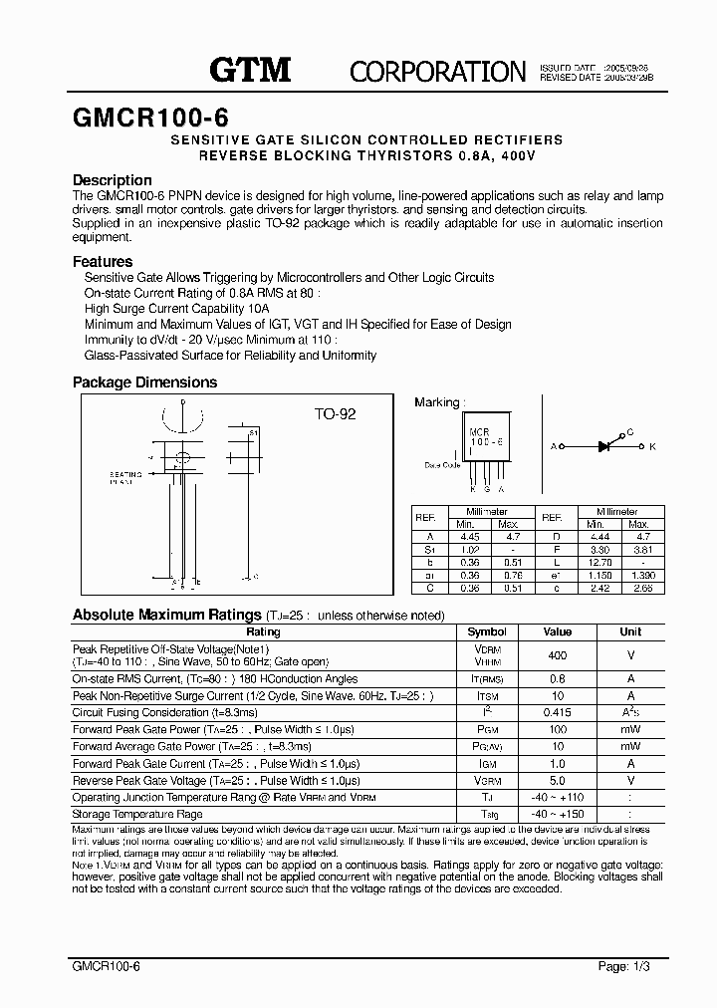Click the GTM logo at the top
pyautogui.click(x=250, y=69)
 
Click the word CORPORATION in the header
pyautogui.click(x=437, y=71)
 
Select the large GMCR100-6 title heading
pyautogui.click(x=149, y=117)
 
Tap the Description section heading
pyautogui.click(x=113, y=180)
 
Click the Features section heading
pyautogui.click(x=103, y=261)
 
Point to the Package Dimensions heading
pyautogui.click(x=144, y=382)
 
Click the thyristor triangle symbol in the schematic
pyautogui.click(x=603, y=446)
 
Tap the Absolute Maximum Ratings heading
pyautogui.click(x=167, y=615)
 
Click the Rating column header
pyautogui.click(x=263, y=631)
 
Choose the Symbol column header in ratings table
pyautogui.click(x=487, y=631)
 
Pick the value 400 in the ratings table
pyautogui.click(x=558, y=655)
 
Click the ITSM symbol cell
pyautogui.click(x=487, y=695)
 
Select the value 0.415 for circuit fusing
pyautogui.click(x=558, y=712)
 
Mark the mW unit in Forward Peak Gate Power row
pyautogui.click(x=630, y=729)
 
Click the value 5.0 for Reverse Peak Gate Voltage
pyautogui.click(x=558, y=780)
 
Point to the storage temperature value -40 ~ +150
pyautogui.click(x=558, y=814)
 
